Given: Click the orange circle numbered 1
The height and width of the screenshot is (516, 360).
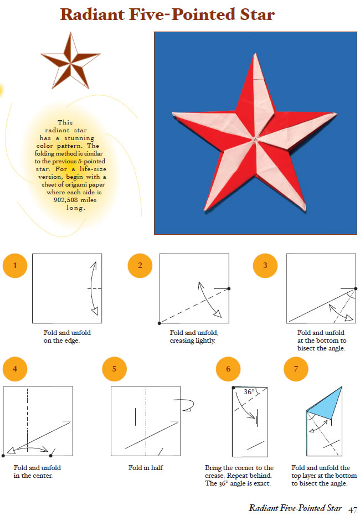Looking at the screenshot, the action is [15, 266].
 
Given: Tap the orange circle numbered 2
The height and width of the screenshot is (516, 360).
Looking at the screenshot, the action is [140, 266].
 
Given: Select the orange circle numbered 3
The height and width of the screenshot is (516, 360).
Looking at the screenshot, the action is [265, 266].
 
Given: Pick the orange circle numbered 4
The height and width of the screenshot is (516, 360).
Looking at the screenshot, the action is [15, 369].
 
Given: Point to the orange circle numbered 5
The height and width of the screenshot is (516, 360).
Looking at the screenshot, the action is [114, 369].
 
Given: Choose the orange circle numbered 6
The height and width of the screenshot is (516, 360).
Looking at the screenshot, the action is [228, 369].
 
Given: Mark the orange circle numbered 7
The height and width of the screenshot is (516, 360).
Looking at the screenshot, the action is [296, 369].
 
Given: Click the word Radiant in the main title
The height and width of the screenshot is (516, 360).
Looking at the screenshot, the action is [92, 14].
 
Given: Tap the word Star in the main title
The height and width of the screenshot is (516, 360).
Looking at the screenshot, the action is [258, 14].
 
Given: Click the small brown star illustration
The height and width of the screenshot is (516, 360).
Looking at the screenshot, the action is [70, 61].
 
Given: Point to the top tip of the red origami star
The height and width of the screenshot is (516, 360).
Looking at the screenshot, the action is [255, 53].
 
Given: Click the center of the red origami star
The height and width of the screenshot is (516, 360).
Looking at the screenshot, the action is [255, 140].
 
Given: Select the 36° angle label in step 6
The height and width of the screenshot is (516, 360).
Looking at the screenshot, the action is [249, 391].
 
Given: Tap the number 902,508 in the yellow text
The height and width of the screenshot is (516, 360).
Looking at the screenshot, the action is [65, 200].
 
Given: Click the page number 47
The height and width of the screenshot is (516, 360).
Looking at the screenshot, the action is [352, 510].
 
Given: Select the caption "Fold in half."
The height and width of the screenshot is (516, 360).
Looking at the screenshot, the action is [146, 468].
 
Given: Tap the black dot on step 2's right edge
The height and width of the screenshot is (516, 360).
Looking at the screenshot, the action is [229, 288].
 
